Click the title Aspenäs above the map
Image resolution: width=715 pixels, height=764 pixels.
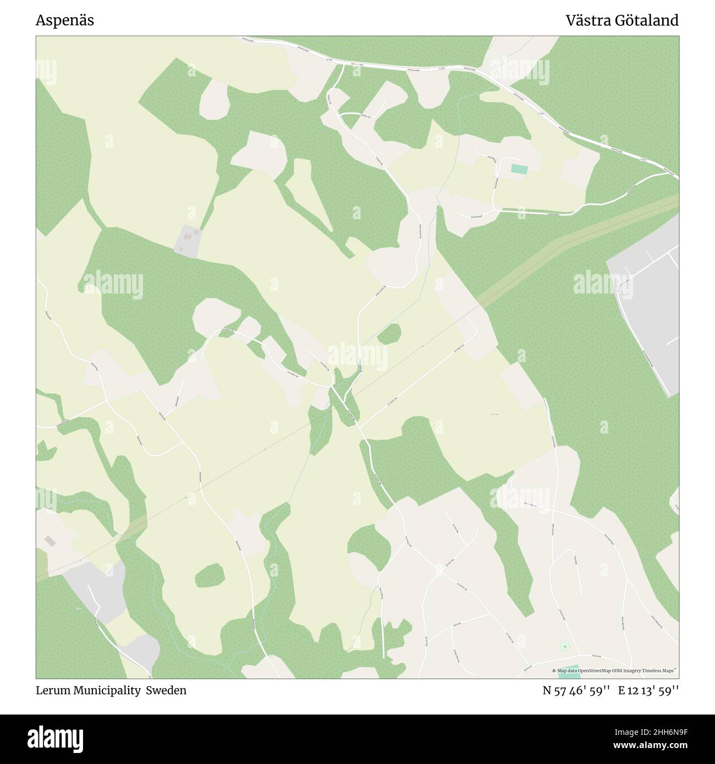point(64,20)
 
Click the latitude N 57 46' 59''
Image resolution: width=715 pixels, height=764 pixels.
point(576,690)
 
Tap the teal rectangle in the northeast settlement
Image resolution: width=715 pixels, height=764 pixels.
point(518,169)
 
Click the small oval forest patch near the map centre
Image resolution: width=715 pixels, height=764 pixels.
point(389,333)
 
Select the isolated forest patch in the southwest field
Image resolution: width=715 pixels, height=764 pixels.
point(210,575)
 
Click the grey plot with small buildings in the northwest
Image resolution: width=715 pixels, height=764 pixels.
point(187,240)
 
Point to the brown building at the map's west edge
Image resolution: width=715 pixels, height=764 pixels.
point(50,541)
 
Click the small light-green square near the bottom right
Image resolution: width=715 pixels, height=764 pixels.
point(564,646)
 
